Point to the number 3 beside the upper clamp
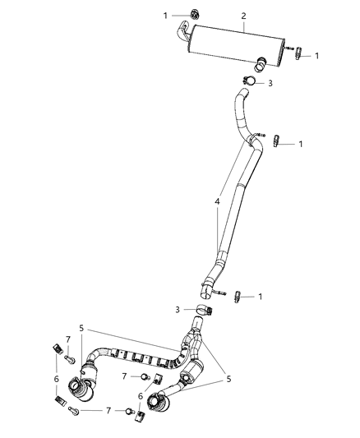(270, 83)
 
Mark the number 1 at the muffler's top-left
(165, 15)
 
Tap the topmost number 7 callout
(67, 340)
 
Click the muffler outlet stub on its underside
(261, 60)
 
